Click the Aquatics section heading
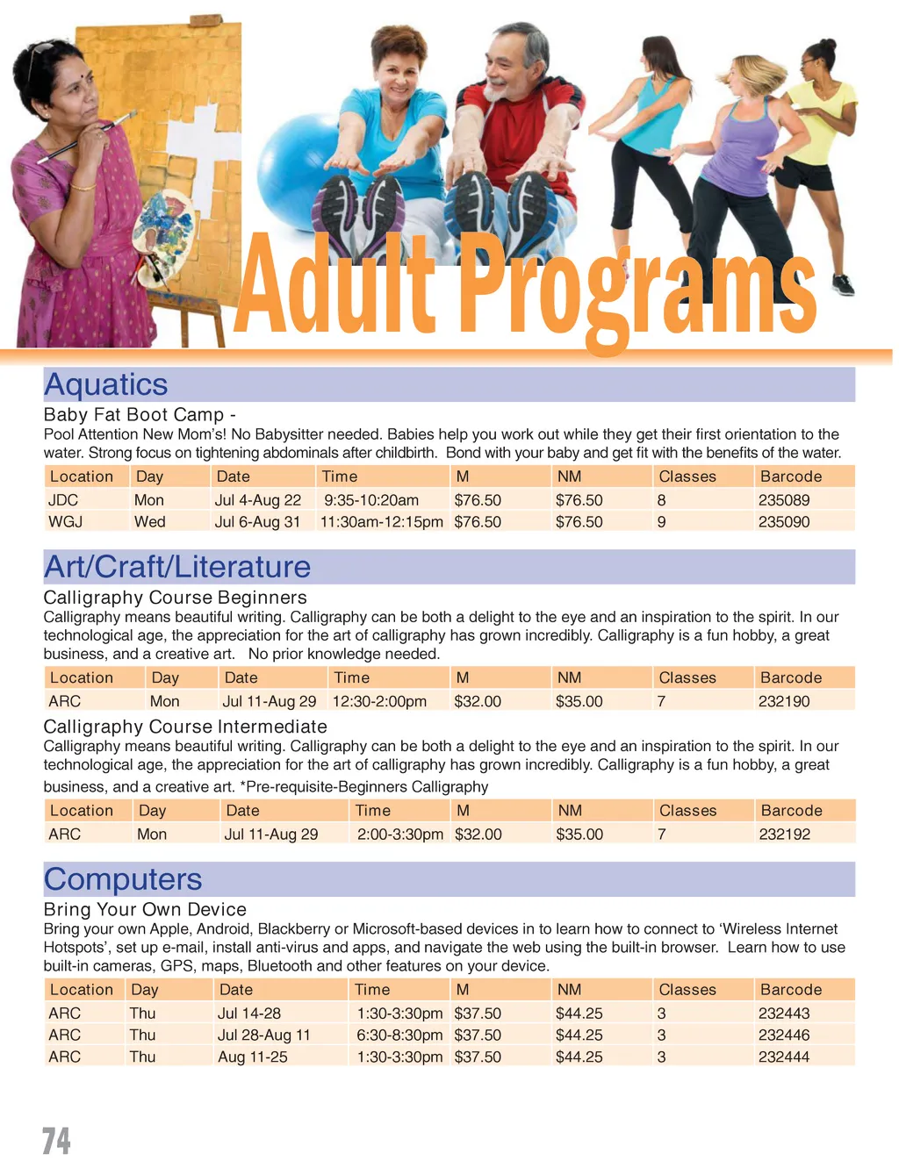click(x=106, y=384)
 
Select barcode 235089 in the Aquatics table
click(x=783, y=500)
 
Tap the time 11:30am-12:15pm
click(x=381, y=522)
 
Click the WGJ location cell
click(x=65, y=522)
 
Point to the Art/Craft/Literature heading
click(x=177, y=567)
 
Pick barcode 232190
click(x=783, y=701)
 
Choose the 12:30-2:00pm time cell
click(x=379, y=701)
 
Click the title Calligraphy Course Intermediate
click(x=185, y=727)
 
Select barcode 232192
click(x=784, y=835)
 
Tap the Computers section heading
click(x=123, y=879)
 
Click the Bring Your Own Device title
click(x=145, y=910)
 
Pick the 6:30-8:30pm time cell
click(x=399, y=1035)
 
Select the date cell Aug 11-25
click(x=253, y=1057)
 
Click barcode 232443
click(x=783, y=1014)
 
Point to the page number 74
click(x=56, y=1141)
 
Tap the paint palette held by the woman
click(x=165, y=233)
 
